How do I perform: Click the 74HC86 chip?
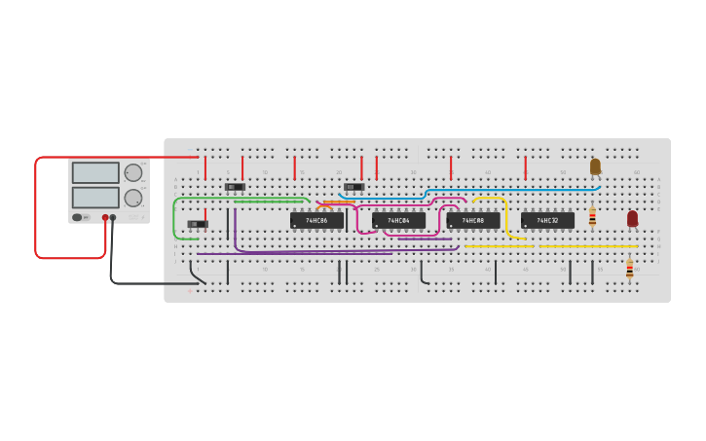point(316,221)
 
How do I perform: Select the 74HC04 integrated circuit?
point(398,221)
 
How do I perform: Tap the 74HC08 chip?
point(473,221)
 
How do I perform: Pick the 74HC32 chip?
point(547,221)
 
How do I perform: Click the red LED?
point(632,218)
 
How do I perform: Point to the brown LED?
point(595,166)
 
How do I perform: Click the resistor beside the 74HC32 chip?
point(592,217)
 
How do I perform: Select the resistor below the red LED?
point(629,270)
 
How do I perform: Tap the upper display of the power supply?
point(95,173)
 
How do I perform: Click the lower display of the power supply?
point(95,198)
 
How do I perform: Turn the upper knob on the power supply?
point(133,173)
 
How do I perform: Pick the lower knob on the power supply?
point(133,198)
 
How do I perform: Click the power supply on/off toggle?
point(78,217)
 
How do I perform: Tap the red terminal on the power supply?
point(105,218)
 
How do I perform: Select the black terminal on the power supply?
point(113,218)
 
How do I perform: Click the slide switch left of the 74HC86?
point(235,187)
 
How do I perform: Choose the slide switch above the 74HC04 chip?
point(353,187)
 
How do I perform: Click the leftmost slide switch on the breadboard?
point(198,224)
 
